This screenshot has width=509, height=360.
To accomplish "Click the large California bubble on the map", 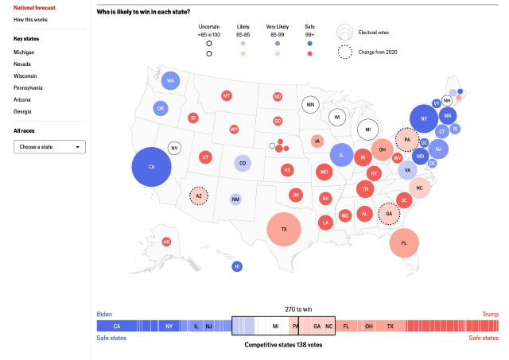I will point(151,167).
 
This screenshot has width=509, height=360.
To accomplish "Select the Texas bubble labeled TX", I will point(284,229).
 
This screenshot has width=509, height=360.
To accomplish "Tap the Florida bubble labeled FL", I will point(404,242).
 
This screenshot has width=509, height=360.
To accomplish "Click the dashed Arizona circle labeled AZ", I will point(199,195).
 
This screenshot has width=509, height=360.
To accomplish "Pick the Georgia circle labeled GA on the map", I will point(388,214).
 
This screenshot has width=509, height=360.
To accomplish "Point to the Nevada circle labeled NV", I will point(174,148).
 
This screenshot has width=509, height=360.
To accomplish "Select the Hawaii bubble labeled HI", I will point(237,266).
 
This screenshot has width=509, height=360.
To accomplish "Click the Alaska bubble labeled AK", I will point(166,242).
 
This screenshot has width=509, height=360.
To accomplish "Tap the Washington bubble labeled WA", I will point(170,81).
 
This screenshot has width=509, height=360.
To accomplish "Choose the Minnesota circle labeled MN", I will point(310,104).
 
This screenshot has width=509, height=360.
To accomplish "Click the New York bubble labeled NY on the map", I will point(424,119).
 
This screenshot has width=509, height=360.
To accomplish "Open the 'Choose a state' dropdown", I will point(49,147).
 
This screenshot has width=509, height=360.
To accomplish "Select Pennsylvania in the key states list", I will point(28,87).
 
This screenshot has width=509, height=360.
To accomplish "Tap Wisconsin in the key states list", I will point(25,75).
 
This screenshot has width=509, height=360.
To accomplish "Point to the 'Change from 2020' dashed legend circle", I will point(345,52).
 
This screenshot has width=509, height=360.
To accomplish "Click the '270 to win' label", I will point(298,308).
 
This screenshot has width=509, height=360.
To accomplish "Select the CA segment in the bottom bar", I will point(117,326).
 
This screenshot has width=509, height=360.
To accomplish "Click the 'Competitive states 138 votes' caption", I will point(283,345).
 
